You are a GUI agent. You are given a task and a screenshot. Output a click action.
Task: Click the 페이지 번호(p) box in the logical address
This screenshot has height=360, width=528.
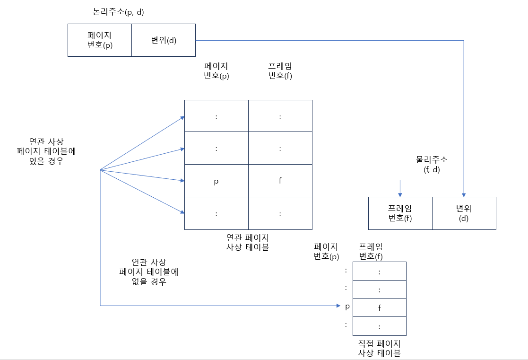(x=100, y=40)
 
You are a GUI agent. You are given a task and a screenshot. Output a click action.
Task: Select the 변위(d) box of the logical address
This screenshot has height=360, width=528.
(x=164, y=40)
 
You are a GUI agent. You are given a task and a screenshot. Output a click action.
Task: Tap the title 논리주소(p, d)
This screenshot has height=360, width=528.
(x=118, y=12)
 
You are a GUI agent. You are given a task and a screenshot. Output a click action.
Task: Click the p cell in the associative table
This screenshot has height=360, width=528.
(x=216, y=181)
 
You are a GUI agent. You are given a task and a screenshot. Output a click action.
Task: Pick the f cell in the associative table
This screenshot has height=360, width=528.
(x=280, y=181)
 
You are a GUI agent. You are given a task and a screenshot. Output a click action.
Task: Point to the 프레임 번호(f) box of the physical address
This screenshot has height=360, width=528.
(x=400, y=213)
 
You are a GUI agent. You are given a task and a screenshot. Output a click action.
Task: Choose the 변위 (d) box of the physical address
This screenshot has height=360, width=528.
(x=464, y=213)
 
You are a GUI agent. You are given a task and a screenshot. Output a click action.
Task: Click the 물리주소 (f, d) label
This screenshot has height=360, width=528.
(x=432, y=165)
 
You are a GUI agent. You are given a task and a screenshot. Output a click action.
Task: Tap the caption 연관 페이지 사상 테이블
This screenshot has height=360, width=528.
(x=248, y=242)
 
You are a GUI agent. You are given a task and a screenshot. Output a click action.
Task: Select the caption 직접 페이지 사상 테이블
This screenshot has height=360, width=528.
(x=379, y=348)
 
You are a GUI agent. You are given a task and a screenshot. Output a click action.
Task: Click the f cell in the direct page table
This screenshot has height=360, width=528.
(x=379, y=307)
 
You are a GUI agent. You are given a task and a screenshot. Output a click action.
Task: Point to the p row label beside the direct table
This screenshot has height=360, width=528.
(x=347, y=307)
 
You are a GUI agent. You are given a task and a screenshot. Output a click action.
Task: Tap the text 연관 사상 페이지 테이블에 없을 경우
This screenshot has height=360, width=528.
(x=149, y=272)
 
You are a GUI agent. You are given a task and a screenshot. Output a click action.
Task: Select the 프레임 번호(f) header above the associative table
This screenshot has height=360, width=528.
(x=280, y=71)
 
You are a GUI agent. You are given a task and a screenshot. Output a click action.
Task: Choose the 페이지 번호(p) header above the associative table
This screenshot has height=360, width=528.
(x=216, y=71)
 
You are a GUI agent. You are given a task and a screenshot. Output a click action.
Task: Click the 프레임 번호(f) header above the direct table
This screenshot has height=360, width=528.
(x=371, y=252)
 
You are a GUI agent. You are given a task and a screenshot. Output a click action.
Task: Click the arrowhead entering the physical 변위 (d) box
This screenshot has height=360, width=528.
(x=464, y=194)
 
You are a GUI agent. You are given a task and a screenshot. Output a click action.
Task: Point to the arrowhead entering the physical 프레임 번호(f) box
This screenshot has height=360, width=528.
(x=400, y=194)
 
